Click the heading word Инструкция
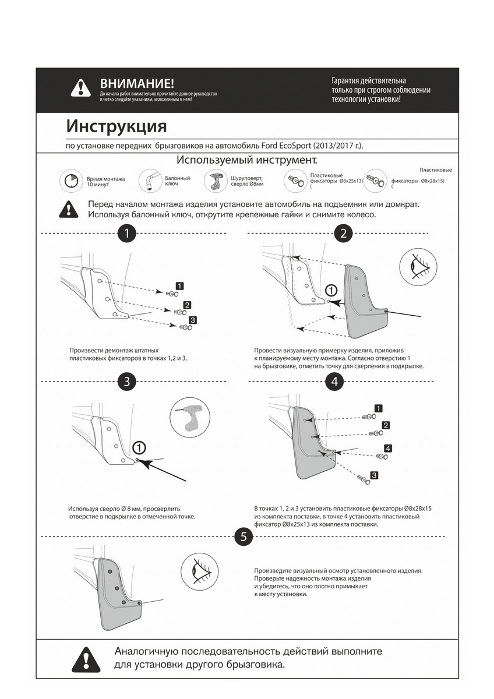click(x=116, y=126)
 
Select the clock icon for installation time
click(x=70, y=181)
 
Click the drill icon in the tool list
click(x=214, y=181)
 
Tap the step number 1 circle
click(x=126, y=234)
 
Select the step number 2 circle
click(x=343, y=234)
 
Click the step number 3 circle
click(x=126, y=382)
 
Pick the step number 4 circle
click(x=334, y=382)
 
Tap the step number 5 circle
click(x=243, y=536)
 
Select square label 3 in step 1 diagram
click(x=193, y=320)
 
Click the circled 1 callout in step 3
click(x=139, y=447)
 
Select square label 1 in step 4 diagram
click(x=379, y=408)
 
